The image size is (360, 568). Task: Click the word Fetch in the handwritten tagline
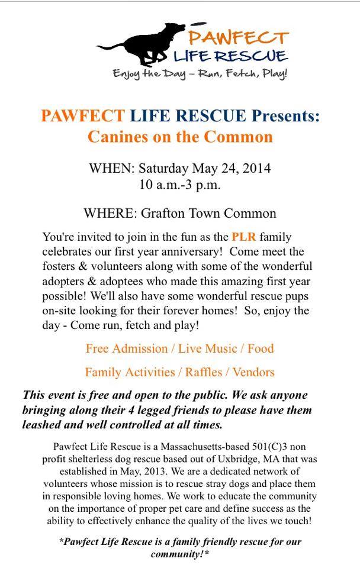point(230,75)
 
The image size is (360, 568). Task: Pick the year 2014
point(256,168)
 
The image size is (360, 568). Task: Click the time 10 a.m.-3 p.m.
point(179,184)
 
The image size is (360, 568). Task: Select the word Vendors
point(253,372)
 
